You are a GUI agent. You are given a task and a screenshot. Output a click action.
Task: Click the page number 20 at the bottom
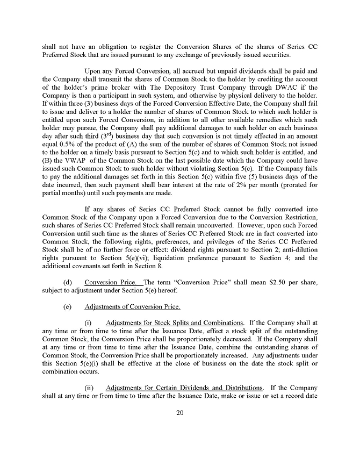click(179, 412)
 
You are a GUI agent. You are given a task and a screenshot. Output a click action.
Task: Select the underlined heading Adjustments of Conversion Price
click(132, 307)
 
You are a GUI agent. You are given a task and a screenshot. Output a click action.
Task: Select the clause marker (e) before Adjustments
click(68, 307)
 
